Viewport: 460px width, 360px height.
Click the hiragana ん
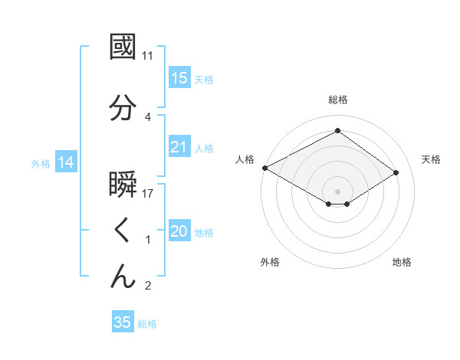[123, 276]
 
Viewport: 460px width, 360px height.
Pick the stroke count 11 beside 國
[148, 55]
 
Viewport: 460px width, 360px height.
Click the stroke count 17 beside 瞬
[149, 194]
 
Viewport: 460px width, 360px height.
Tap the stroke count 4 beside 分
[148, 117]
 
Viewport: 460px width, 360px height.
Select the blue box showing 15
[179, 78]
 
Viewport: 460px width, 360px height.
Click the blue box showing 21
[179, 147]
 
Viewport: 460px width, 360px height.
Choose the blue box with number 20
[179, 231]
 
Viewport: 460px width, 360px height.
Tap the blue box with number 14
[65, 162]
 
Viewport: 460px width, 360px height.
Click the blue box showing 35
[123, 322]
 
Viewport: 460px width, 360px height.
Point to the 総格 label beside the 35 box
[147, 324]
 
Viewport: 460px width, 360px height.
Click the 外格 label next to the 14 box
[40, 163]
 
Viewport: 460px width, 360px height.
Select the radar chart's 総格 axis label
[337, 100]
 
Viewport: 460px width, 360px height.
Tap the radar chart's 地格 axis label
[402, 263]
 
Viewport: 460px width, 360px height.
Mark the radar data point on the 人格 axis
[264, 168]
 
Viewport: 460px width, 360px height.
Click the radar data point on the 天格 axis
[396, 173]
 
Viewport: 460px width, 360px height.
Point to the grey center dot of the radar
[337, 190]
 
